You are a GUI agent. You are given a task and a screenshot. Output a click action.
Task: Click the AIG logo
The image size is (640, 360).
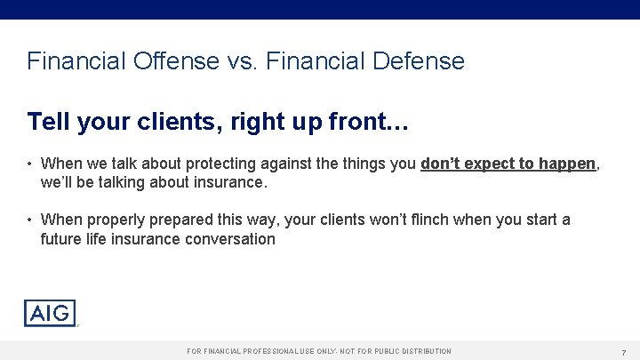click(51, 313)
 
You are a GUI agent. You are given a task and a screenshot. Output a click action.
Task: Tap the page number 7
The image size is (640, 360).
click(624, 352)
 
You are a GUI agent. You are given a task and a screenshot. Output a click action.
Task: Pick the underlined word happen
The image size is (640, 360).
click(566, 164)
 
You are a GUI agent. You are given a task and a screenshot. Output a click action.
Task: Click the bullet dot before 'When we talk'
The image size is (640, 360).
click(30, 164)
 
